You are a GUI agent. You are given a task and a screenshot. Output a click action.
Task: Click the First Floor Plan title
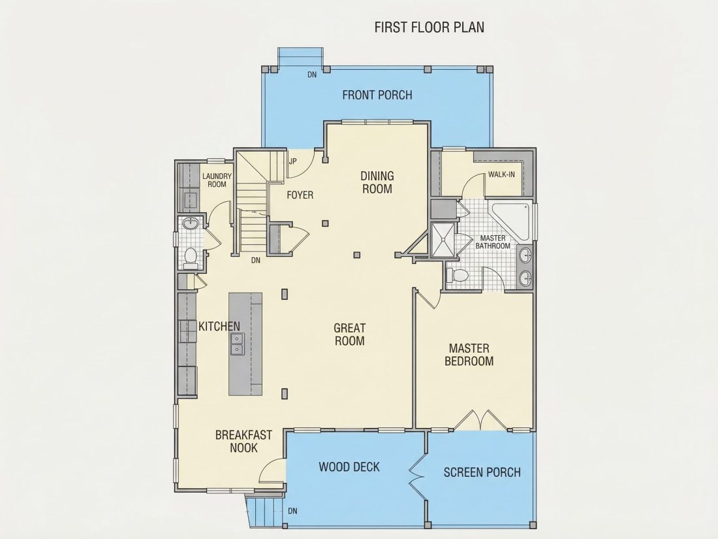point(429,27)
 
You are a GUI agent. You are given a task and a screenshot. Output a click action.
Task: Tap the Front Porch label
point(377,95)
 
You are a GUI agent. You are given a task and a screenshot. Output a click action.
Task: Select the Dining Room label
point(377,182)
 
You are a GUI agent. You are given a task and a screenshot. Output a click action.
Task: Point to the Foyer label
point(300,195)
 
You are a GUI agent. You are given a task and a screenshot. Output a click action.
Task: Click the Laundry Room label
point(217,180)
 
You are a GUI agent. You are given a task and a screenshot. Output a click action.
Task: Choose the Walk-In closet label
point(501,174)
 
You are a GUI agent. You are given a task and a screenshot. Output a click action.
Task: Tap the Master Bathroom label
point(493,242)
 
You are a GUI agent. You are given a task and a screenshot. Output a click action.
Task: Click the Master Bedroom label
point(469,355)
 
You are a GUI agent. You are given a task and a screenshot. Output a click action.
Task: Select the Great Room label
point(349,334)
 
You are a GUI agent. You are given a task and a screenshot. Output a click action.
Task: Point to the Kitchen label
point(219,326)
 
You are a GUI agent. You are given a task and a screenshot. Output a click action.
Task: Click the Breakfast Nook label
point(243,441)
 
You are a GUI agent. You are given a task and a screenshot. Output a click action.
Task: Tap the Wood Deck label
point(349,467)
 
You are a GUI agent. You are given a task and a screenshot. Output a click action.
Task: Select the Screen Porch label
point(482,472)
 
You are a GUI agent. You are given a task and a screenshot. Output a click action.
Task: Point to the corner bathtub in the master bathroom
point(510,220)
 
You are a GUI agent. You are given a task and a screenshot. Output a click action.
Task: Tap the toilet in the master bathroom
point(457,276)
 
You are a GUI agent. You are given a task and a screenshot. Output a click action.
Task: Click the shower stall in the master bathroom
point(443,239)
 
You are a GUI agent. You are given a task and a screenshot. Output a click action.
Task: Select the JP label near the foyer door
point(293,161)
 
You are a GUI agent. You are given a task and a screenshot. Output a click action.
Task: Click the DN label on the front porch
point(312,74)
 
